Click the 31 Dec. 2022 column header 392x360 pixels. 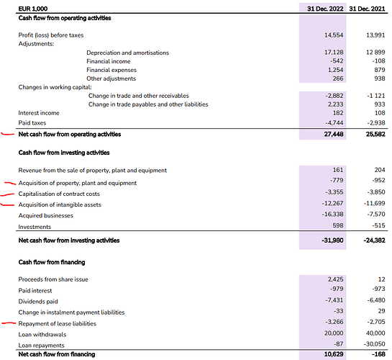tap(325, 9)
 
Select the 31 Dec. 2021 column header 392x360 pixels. tap(367, 9)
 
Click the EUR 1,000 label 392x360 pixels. tap(33, 9)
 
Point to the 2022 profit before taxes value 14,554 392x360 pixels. tap(334, 35)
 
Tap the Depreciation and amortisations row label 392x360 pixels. tap(127, 53)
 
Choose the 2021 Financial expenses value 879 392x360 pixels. tap(380, 70)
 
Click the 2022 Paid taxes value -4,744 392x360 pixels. tap(334, 123)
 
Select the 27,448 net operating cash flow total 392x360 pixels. tap(334, 135)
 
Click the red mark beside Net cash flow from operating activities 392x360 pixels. tap(8, 135)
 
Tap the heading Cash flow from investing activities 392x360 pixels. tap(64, 153)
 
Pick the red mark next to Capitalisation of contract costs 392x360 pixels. tap(7, 194)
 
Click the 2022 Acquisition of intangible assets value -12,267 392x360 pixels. tap(332, 203)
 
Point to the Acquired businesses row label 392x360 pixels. tap(46, 216)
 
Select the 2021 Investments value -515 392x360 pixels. tap(378, 225)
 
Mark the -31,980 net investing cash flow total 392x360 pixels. tap(332, 240)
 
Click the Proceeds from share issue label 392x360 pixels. tap(53, 279)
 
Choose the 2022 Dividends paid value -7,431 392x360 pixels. tap(334, 300)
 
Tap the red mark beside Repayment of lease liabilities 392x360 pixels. tap(9, 323)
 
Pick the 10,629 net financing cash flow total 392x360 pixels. tap(334, 354)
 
